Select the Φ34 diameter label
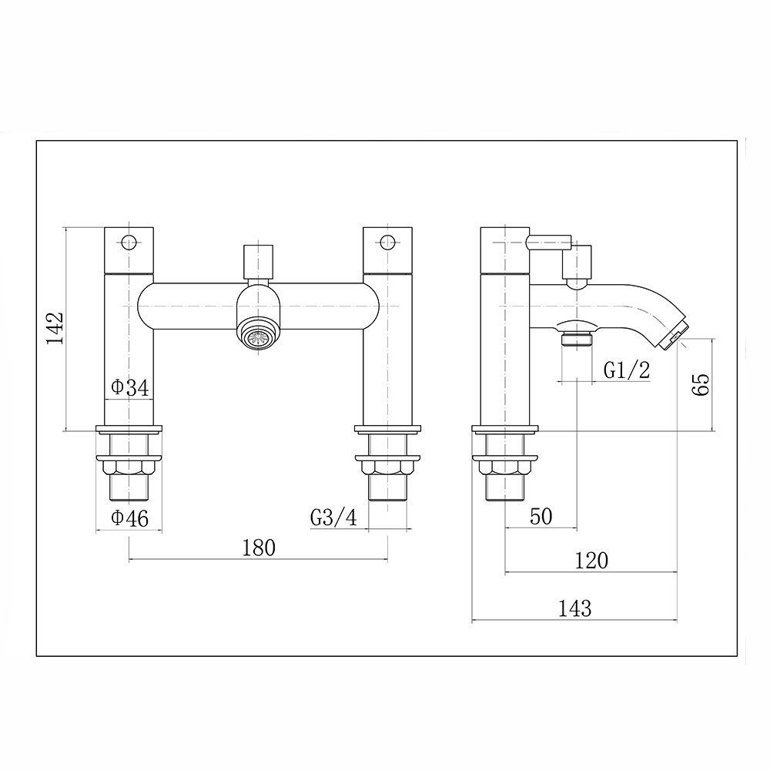129,388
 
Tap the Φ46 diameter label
129,519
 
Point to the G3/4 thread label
334,518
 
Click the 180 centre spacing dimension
258,547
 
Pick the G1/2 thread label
626,370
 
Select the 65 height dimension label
700,383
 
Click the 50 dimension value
541,517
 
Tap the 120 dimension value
591,561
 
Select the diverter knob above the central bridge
258,262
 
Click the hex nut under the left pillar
129,466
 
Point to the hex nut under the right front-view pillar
387,466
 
